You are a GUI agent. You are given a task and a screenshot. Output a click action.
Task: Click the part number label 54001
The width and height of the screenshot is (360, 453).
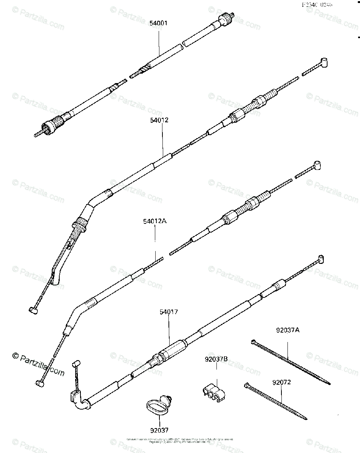(x=158, y=23)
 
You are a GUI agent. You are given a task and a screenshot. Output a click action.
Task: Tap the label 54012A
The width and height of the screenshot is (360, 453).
(x=155, y=222)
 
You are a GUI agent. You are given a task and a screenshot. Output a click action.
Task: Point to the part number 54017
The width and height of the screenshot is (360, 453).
(x=168, y=312)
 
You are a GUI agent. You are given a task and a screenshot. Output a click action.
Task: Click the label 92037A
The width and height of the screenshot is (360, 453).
(x=287, y=330)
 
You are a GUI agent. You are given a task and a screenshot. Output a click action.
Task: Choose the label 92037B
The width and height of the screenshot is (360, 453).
(x=216, y=359)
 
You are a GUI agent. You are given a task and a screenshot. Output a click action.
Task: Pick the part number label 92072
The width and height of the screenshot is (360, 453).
(x=281, y=382)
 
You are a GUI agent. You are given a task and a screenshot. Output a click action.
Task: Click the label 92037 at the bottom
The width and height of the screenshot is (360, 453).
(x=159, y=430)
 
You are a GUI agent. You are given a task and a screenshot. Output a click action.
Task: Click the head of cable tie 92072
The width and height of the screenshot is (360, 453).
(x=247, y=385)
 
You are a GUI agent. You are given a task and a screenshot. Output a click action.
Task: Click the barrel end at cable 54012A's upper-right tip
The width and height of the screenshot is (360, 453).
(x=317, y=165)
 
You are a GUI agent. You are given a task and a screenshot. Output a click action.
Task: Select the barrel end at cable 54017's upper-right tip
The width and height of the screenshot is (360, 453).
(x=321, y=258)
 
